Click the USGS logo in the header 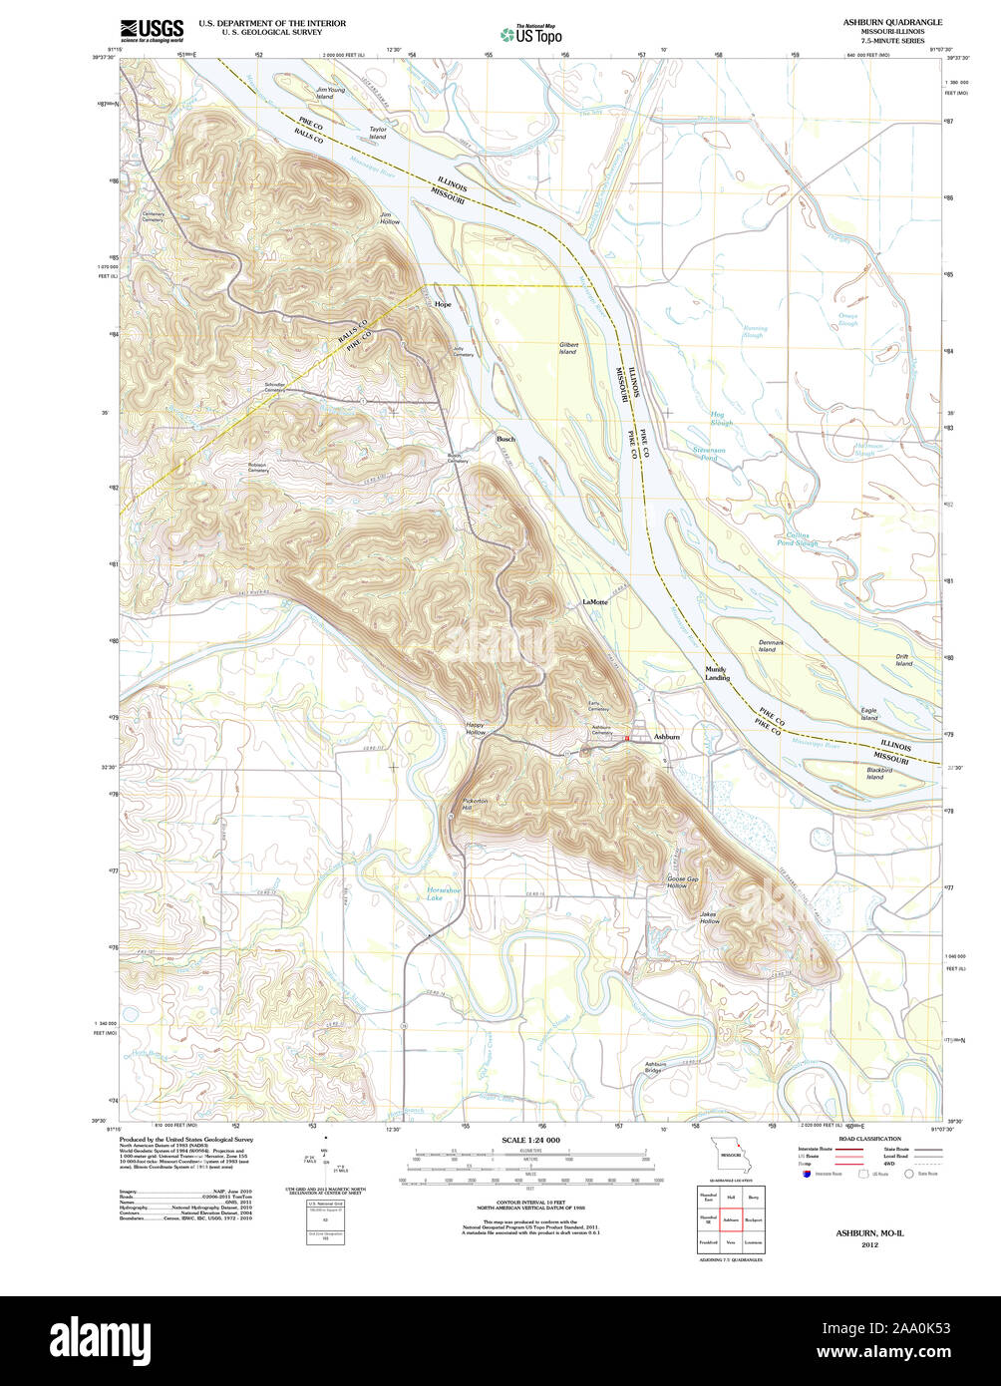(152, 31)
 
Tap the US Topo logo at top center (530, 33)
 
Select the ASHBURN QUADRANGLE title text (892, 22)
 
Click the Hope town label (443, 304)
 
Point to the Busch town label (506, 439)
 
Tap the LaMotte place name (595, 603)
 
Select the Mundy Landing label (717, 673)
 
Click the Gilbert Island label (568, 348)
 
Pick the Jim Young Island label (330, 93)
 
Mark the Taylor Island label (377, 133)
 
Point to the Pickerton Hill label (475, 804)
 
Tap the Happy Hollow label (476, 729)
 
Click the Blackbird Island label (878, 774)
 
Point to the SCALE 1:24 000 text (530, 1140)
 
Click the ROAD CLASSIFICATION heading (869, 1139)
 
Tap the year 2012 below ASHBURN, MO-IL (869, 1243)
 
